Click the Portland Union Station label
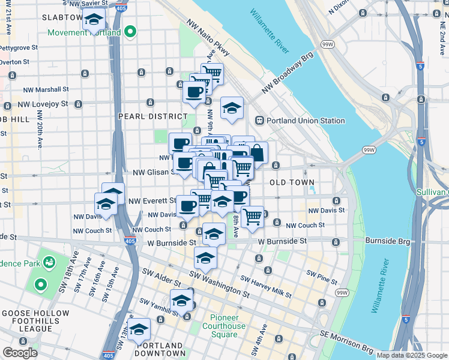pos(307,121)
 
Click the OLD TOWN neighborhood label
pos(292,182)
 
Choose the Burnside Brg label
pos(387,241)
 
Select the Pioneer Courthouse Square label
pos(228,326)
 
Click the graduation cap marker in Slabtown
pos(94,20)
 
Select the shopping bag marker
pos(257,153)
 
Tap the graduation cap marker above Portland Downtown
pos(139,329)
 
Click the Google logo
pos(20,353)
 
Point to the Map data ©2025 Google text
pos(411,355)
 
